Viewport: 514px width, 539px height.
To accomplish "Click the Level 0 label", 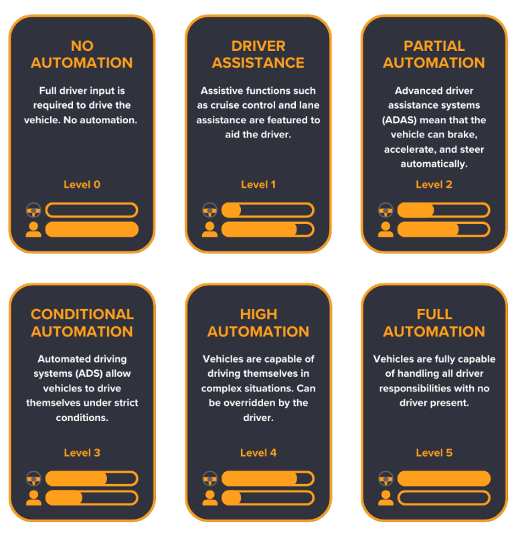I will [x=82, y=184].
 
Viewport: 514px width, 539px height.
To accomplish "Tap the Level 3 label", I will [x=82, y=453].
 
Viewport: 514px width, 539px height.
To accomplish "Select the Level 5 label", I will [x=434, y=453].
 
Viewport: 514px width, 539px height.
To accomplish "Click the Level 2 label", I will [x=434, y=184].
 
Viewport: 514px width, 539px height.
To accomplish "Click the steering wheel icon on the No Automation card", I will [x=33, y=210].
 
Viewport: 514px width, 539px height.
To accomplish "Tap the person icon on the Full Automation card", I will [x=385, y=497].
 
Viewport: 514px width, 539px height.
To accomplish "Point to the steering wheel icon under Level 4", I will [x=209, y=479].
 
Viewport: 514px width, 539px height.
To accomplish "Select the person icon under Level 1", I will [x=209, y=229].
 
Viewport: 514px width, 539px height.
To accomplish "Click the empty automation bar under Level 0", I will [x=92, y=210].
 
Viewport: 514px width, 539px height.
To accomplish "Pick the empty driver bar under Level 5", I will [x=444, y=497].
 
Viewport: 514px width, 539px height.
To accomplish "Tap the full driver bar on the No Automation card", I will [x=92, y=229].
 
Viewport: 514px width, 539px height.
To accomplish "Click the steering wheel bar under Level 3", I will [x=92, y=479].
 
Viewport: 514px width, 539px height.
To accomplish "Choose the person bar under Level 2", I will [x=444, y=229].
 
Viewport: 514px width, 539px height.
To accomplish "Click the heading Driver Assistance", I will [x=258, y=54].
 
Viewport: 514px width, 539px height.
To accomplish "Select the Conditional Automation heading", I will [x=82, y=322].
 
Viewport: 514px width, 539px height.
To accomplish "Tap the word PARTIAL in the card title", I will [x=434, y=46].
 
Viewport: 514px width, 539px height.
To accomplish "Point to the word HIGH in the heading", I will [x=258, y=314].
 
